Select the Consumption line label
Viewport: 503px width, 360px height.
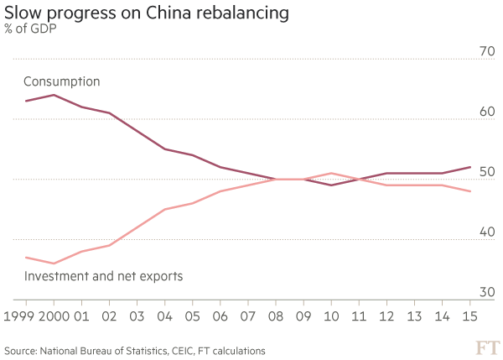click(x=61, y=83)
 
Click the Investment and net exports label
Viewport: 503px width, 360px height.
click(x=101, y=275)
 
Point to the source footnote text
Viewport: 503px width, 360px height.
click(x=134, y=347)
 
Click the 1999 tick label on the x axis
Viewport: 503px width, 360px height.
click(x=25, y=317)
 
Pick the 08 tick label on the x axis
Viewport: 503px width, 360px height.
click(x=275, y=317)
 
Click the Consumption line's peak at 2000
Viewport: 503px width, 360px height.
click(x=54, y=95)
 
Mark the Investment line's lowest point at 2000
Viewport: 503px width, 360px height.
click(x=54, y=263)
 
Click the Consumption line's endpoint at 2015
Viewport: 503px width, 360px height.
click(x=470, y=167)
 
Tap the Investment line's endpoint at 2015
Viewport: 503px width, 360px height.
click(x=470, y=191)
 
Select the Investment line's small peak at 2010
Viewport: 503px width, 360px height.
click(x=331, y=173)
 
